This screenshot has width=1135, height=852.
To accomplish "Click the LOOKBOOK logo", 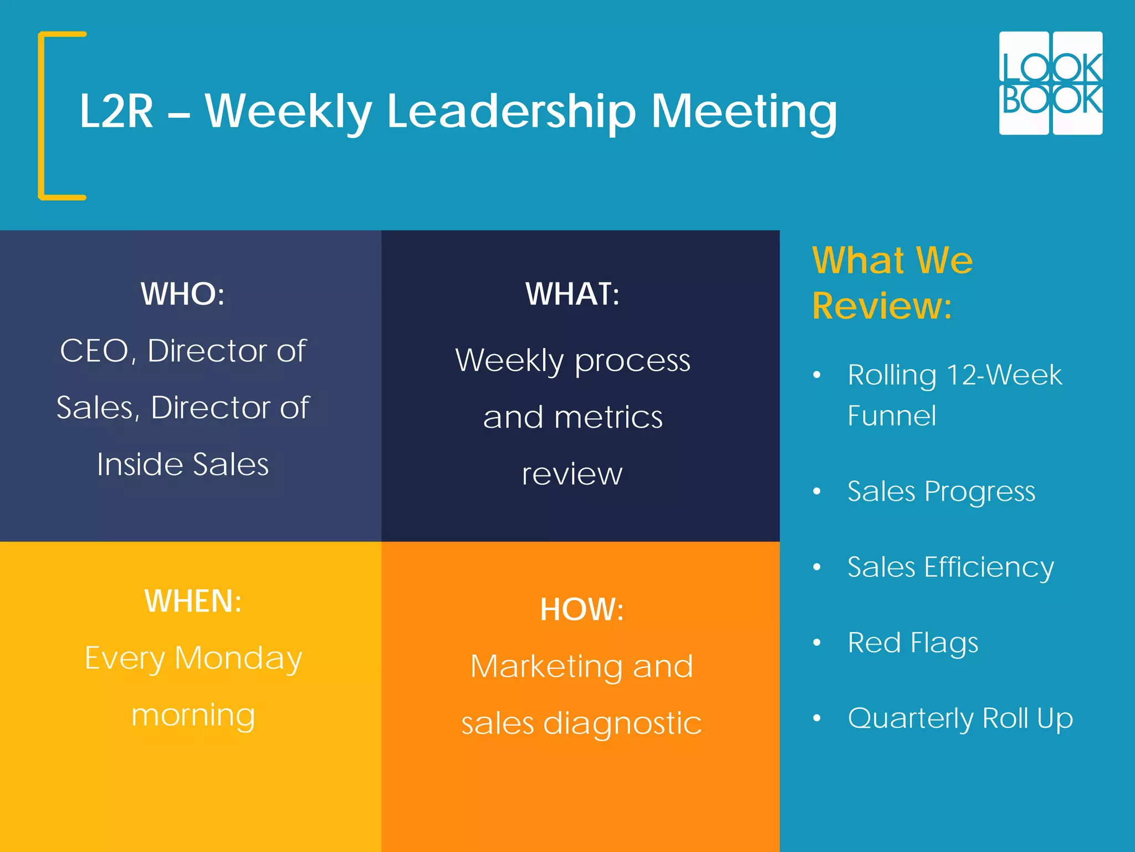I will click(1050, 83).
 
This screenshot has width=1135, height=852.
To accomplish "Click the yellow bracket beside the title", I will click(42, 115).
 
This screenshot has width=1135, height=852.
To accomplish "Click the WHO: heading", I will click(182, 294).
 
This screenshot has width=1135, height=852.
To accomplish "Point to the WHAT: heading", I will click(572, 294).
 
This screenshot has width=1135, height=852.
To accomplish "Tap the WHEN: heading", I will click(193, 601).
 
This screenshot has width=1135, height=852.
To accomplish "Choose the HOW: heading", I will click(582, 610).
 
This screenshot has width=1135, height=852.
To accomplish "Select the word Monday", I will click(238, 659).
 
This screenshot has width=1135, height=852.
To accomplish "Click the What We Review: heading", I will click(892, 283).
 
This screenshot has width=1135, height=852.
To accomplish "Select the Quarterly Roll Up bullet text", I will click(960, 719).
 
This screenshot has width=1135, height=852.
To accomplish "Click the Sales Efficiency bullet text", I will click(950, 567).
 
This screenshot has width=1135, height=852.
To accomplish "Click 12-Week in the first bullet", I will click(1004, 375).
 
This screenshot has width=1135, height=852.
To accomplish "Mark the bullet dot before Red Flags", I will click(816, 643).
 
